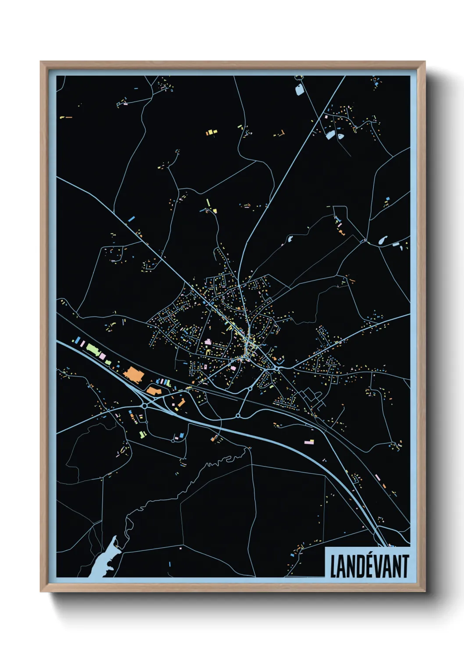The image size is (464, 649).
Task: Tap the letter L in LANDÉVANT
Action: click(333, 567)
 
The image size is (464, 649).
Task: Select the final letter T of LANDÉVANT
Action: click(405, 566)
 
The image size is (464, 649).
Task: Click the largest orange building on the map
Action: click(134, 375)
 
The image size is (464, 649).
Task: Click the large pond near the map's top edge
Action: click(300, 90)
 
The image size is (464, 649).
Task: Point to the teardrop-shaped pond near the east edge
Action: click(382, 240)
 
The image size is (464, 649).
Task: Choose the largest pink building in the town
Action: click(207, 341)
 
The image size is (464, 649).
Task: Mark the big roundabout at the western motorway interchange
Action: click(144, 406)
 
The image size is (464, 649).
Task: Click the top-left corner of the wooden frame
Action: click(41, 62)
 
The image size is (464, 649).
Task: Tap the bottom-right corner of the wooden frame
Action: click(425, 591)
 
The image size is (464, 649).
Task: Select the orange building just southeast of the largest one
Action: click(153, 390)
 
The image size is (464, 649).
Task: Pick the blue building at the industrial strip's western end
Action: click(78, 340)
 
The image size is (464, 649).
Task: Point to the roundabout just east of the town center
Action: click(278, 369)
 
